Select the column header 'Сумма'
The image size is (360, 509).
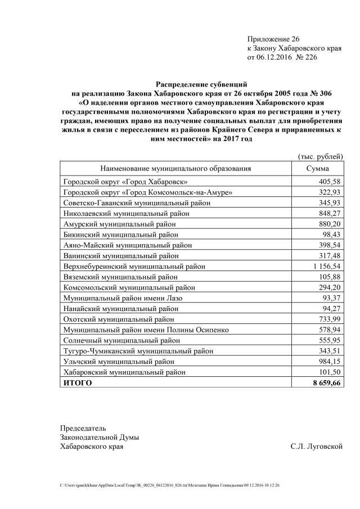click(x=317, y=168)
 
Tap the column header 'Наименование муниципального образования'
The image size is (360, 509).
click(x=175, y=168)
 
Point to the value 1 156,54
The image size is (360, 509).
click(x=324, y=265)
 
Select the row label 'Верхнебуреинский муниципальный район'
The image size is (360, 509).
click(x=134, y=265)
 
